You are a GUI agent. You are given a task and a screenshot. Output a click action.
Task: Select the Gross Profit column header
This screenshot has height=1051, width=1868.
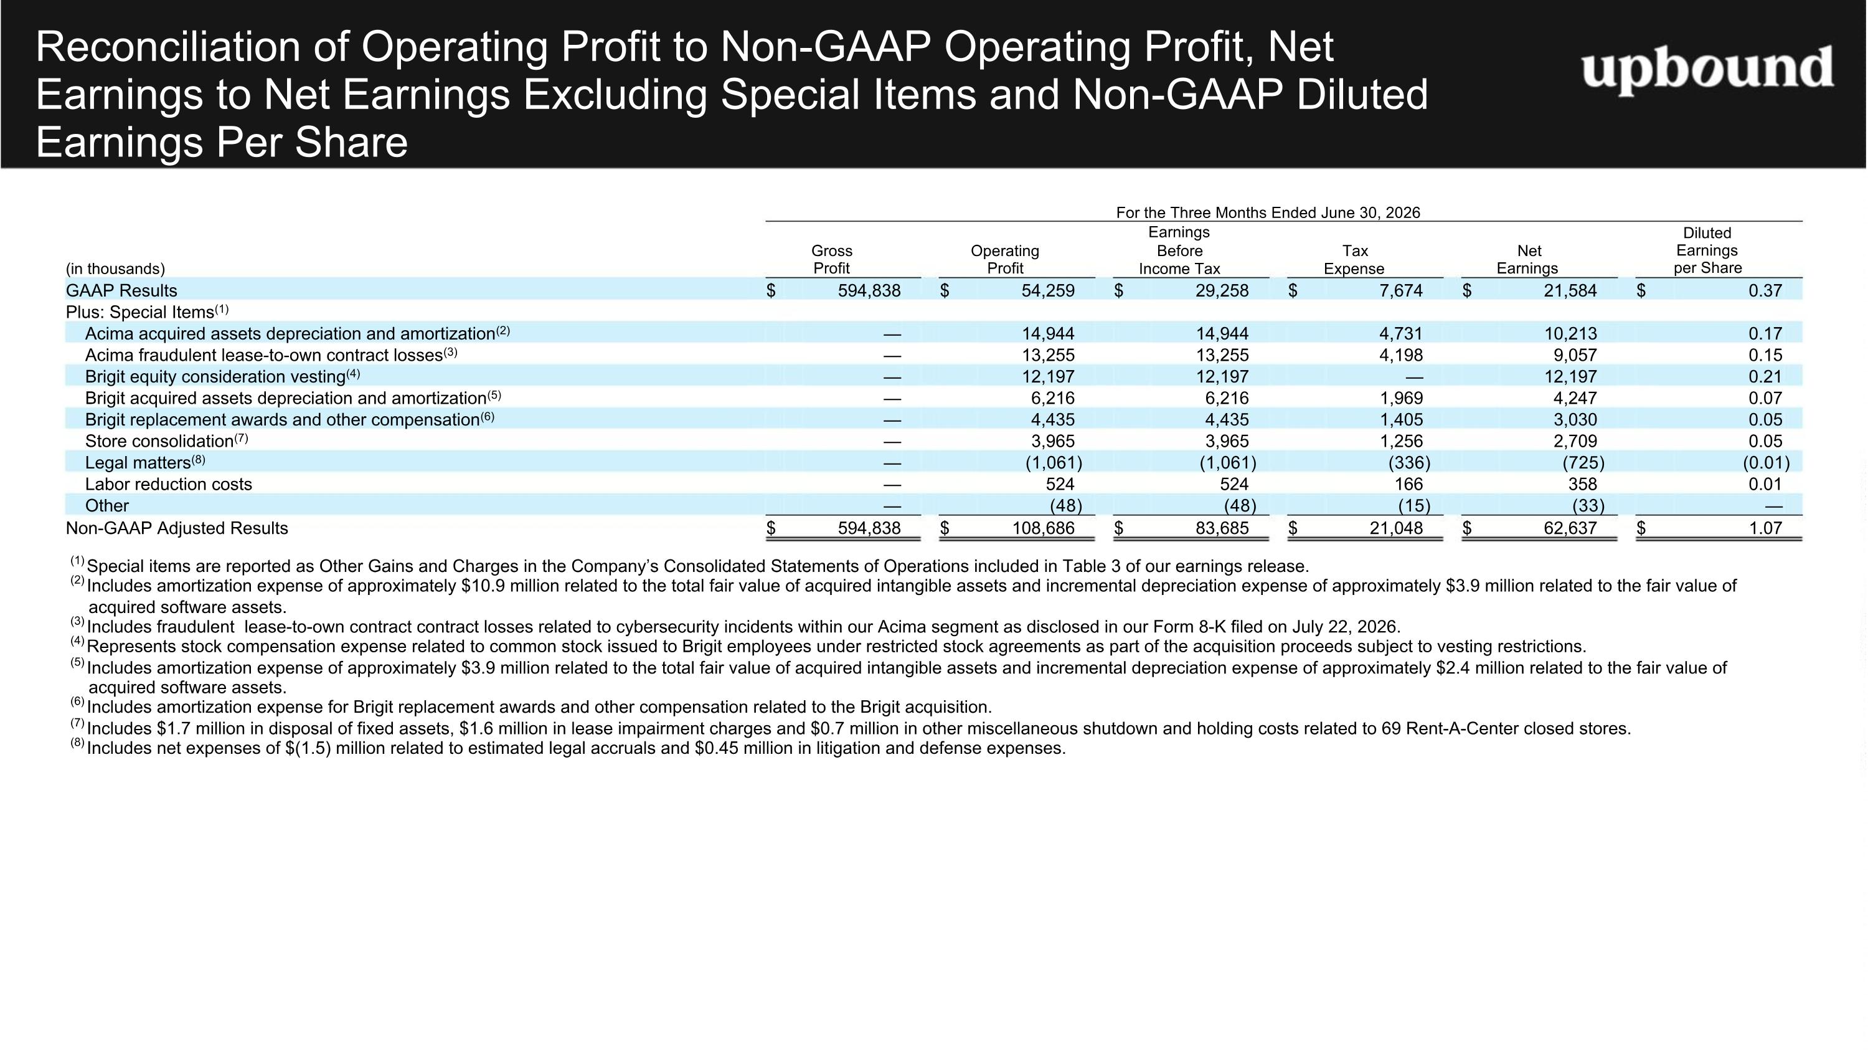point(832,259)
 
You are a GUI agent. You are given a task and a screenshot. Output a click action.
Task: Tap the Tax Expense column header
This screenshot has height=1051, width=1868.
point(1354,259)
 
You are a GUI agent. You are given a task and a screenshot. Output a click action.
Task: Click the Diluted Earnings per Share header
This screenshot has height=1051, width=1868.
point(1707,250)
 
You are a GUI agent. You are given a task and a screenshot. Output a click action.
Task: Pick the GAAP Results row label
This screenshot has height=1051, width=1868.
point(121,290)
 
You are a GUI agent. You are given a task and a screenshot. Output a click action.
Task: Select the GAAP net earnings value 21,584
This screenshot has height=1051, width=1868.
point(1570,290)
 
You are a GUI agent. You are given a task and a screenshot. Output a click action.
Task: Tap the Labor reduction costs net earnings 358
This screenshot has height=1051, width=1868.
point(1582,484)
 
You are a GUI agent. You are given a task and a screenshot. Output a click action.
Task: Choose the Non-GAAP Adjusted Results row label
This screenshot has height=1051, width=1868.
point(177,528)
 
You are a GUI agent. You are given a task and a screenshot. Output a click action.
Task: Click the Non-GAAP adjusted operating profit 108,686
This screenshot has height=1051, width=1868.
point(1044,528)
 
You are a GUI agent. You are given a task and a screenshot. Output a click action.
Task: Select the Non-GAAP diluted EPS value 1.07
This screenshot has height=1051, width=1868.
point(1765,528)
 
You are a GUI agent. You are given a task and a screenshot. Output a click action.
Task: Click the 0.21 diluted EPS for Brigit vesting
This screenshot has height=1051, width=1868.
point(1765,376)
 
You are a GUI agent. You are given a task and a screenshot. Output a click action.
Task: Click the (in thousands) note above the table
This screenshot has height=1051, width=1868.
point(115,269)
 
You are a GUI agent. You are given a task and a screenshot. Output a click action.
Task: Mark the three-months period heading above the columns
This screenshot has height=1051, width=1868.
point(1268,212)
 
